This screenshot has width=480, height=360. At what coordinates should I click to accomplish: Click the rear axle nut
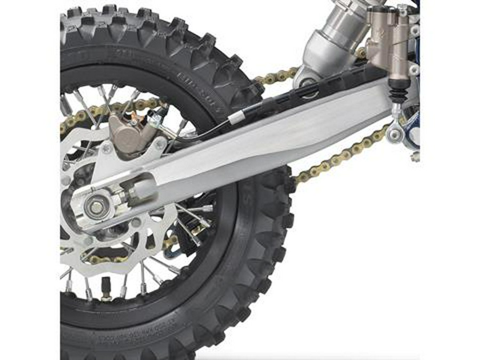point(95,207)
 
